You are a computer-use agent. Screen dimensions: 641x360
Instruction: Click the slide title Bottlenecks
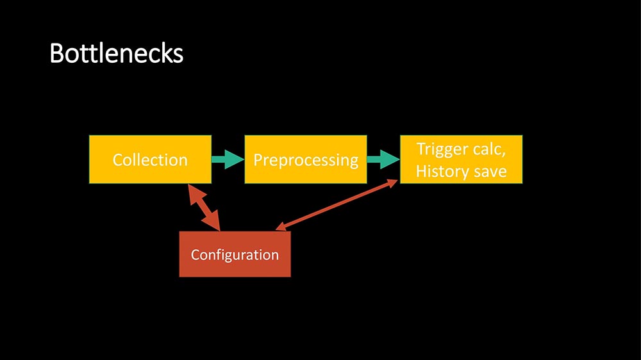[x=116, y=54]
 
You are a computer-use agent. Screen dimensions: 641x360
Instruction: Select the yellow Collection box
[x=150, y=160]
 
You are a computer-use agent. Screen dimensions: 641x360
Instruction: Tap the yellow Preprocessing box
[x=305, y=160]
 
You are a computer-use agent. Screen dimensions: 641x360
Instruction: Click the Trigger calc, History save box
[x=461, y=160]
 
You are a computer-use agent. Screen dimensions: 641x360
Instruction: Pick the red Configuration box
[x=235, y=254]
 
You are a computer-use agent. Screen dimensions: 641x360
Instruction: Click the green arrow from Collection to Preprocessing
[x=228, y=160]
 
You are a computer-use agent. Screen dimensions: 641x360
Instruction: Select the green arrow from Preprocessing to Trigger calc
[x=383, y=160]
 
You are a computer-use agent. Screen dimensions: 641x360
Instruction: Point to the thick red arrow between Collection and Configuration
[x=204, y=207]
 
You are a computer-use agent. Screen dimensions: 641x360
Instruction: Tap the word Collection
[x=150, y=160]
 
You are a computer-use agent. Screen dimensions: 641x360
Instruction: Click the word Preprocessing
[x=305, y=160]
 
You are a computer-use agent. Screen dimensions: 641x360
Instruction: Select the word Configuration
[x=235, y=254]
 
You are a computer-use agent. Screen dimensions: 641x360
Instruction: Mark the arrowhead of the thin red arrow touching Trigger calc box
[x=394, y=183]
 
